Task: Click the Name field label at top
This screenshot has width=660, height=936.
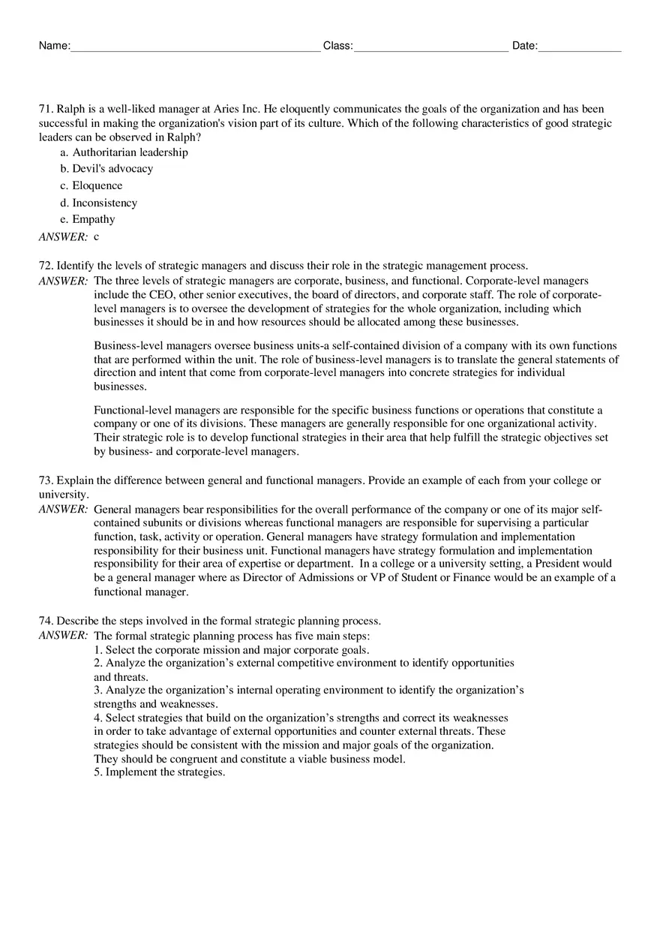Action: coord(54,46)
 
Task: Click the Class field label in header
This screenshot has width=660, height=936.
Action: coord(337,46)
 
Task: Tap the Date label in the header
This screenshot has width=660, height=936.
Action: coord(524,46)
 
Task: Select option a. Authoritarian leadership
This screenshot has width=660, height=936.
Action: coord(124,152)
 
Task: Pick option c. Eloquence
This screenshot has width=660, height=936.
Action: coord(91,185)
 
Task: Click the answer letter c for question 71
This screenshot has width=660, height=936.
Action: coord(97,236)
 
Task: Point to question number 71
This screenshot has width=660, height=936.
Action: coord(46,109)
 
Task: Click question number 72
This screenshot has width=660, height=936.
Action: coord(46,265)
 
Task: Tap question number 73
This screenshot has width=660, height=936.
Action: coord(46,480)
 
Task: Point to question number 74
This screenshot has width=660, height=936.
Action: coord(46,621)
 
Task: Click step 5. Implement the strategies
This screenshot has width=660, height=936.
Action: coord(159,772)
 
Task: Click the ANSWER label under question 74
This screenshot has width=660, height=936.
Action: coord(63,636)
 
